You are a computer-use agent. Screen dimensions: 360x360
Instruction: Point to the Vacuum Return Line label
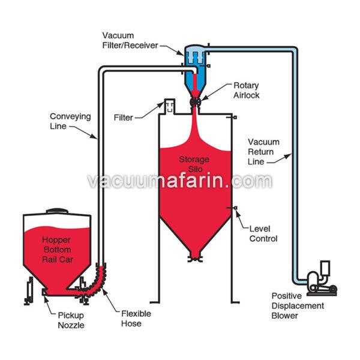263,151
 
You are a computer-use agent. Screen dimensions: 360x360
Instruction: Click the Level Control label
263,234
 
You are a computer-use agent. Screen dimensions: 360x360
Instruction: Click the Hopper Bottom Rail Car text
57,248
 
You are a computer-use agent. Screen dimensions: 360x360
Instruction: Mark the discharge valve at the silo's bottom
193,259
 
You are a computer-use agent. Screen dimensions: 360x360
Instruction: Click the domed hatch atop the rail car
57,211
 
